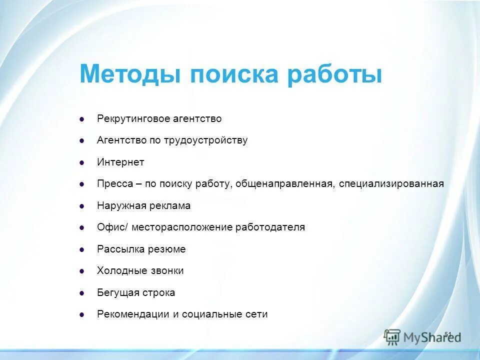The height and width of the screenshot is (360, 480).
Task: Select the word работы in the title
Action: (x=335, y=74)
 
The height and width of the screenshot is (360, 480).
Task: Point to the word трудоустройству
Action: (x=205, y=140)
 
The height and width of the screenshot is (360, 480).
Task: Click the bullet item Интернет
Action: (x=120, y=162)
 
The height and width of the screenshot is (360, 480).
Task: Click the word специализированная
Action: (x=391, y=184)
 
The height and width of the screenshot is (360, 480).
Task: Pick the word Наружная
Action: (x=118, y=205)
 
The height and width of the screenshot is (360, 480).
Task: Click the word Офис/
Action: (x=113, y=227)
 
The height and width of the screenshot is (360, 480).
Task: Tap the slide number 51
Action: (x=447, y=334)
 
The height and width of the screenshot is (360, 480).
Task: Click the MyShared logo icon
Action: (x=392, y=336)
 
